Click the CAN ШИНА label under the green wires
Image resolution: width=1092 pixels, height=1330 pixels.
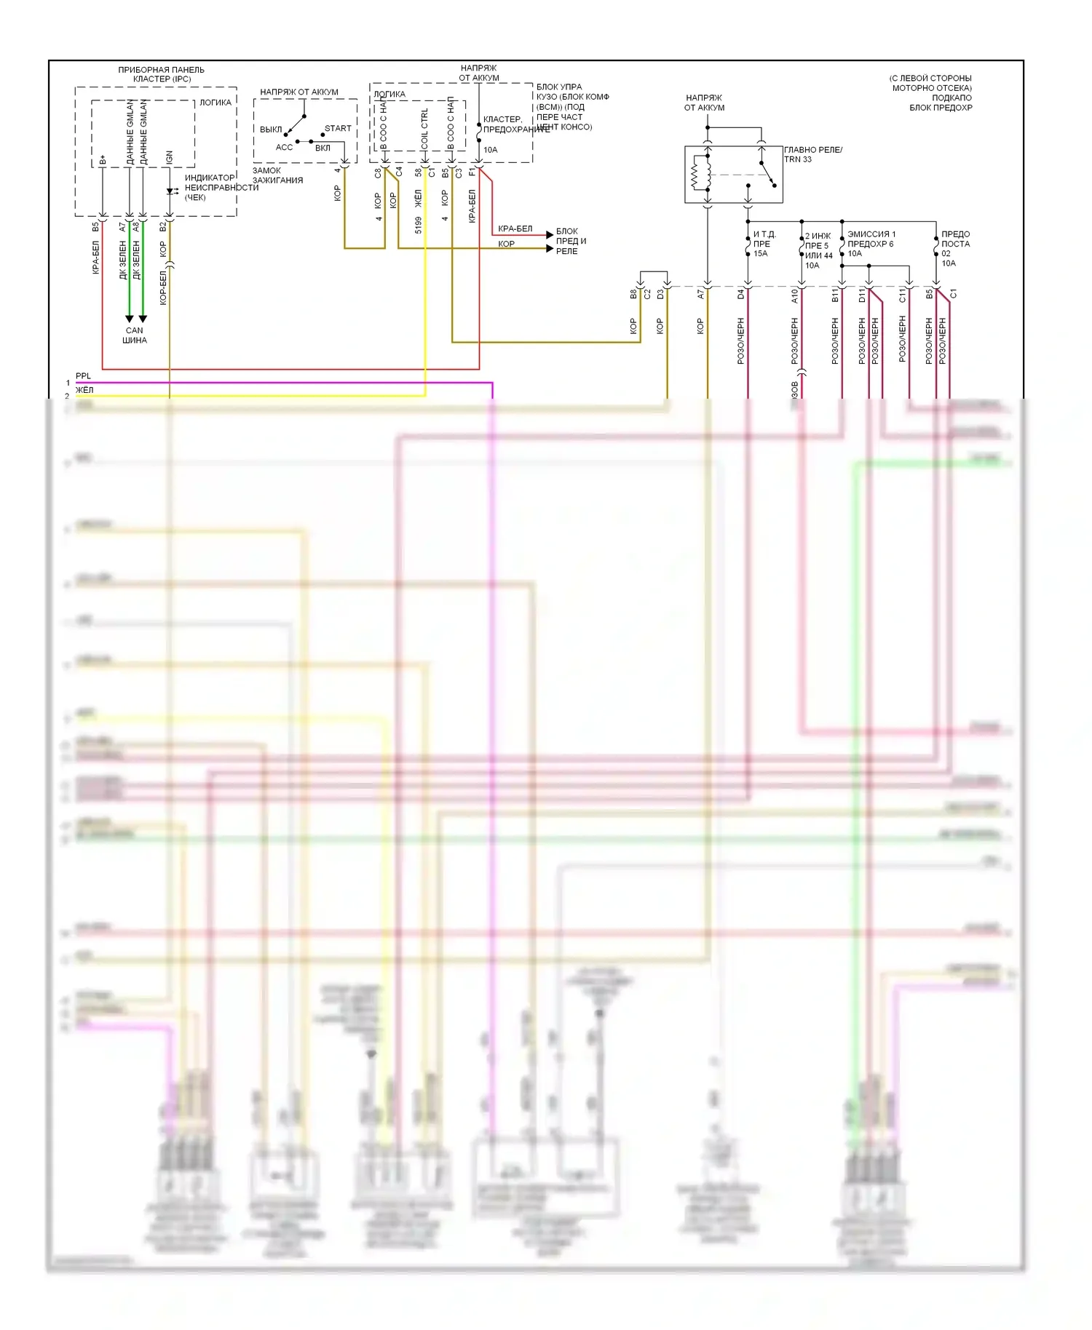135,335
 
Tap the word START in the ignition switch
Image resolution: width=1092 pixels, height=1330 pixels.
338,129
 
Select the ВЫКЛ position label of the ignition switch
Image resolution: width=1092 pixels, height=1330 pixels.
271,130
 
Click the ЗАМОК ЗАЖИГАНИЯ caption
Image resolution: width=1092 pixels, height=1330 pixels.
277,175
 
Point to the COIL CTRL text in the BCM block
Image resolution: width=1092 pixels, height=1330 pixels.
425,129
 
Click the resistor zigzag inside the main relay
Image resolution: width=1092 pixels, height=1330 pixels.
695,175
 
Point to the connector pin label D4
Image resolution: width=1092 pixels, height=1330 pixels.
741,294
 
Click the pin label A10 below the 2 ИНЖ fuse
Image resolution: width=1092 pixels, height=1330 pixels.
795,295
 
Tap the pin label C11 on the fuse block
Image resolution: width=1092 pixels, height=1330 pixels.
902,295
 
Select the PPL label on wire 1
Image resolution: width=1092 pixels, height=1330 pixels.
84,376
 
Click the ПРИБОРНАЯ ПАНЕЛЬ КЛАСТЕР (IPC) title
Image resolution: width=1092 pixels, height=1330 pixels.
162,74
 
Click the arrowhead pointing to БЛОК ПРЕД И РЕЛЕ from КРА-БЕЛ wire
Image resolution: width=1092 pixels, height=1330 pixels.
550,234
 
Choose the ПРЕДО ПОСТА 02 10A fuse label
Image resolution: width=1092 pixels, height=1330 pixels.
955,248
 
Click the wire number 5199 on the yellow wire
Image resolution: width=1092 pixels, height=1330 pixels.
419,225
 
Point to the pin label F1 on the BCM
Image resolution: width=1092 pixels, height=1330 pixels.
472,172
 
